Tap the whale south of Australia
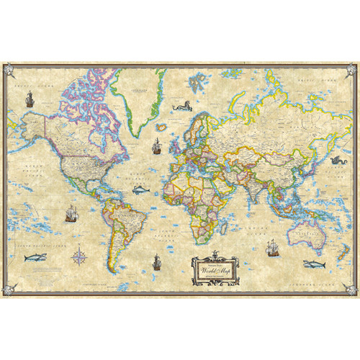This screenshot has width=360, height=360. pyautogui.click(x=312, y=264)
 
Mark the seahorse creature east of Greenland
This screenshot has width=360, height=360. pyautogui.click(x=181, y=108)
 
